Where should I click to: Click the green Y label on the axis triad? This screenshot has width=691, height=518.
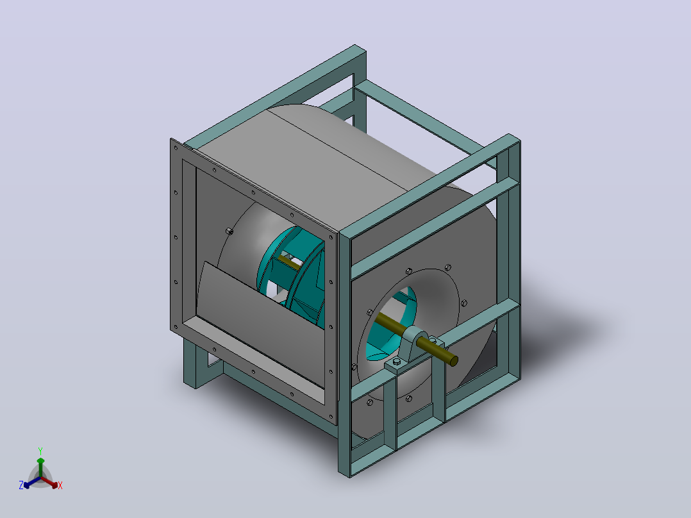coord(40,451)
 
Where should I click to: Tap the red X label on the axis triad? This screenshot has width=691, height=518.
coord(60,485)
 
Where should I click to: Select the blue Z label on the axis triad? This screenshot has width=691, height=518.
coord(21,485)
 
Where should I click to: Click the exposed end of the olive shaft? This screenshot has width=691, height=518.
coord(453,361)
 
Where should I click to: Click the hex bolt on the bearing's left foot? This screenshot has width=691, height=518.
coord(396,362)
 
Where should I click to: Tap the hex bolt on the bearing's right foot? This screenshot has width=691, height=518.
coord(433,340)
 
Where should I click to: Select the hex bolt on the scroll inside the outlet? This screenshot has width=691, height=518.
coord(229,231)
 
